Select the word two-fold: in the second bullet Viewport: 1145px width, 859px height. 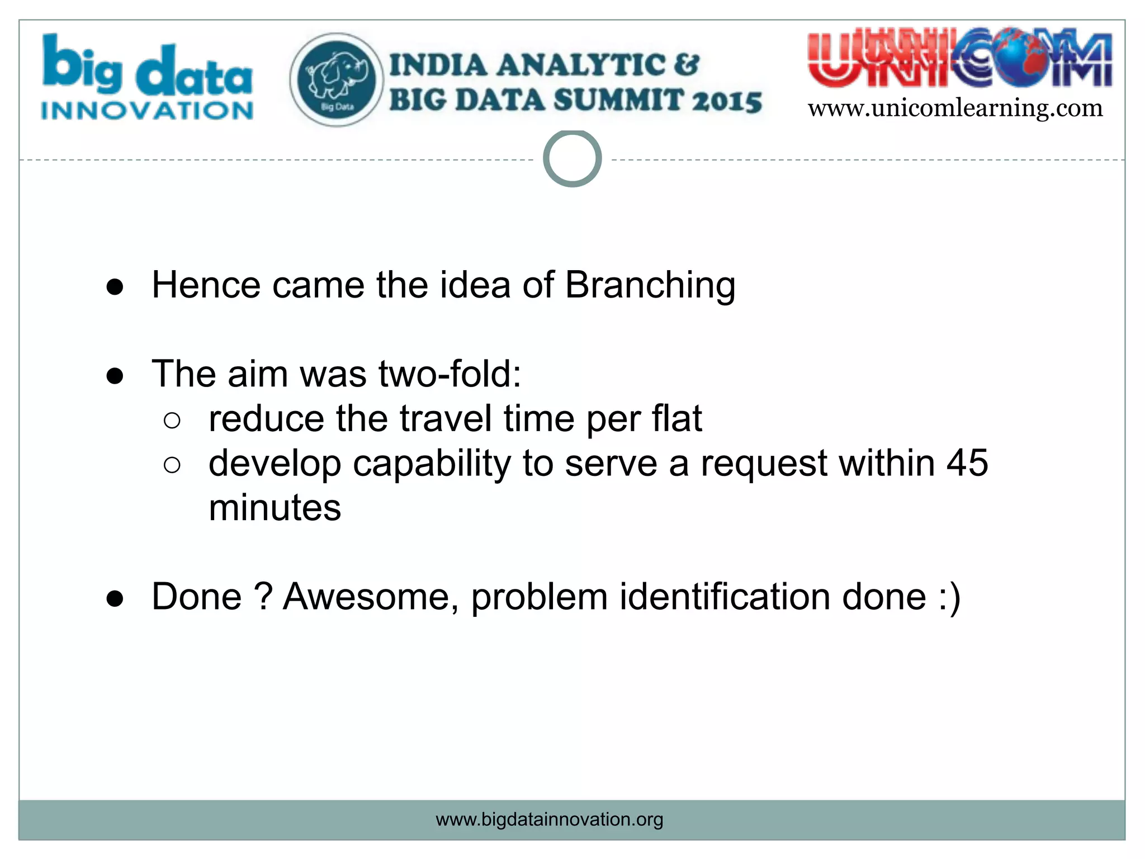[x=450, y=374]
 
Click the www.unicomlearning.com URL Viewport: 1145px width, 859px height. [x=955, y=108]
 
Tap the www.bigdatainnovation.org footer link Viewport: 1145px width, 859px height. [x=549, y=819]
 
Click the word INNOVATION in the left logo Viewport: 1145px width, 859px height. [x=147, y=111]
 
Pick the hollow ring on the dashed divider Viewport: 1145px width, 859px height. [x=572, y=159]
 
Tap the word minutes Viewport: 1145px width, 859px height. [x=275, y=508]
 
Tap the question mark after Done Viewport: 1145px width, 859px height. [x=262, y=597]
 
